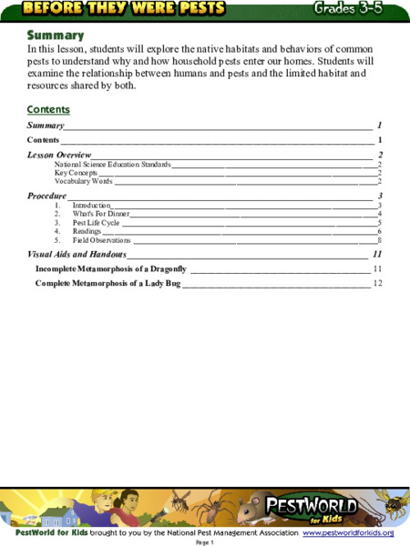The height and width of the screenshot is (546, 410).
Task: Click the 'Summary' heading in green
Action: pyautogui.click(x=56, y=35)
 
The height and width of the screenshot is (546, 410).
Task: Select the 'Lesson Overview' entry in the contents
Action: pyautogui.click(x=59, y=156)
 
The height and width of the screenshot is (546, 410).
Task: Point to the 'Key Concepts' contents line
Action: pyautogui.click(x=76, y=173)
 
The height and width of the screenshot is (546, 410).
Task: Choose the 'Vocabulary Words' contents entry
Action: pyautogui.click(x=83, y=181)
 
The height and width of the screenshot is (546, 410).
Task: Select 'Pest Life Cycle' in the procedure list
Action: pyautogui.click(x=96, y=223)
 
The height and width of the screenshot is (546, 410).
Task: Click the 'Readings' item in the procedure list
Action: pyautogui.click(x=87, y=232)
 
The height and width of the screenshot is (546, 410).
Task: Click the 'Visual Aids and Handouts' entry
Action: pyautogui.click(x=77, y=255)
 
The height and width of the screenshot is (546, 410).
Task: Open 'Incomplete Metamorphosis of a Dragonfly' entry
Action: pyautogui.click(x=110, y=269)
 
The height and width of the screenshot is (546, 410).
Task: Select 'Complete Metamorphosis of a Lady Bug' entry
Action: pyautogui.click(x=108, y=284)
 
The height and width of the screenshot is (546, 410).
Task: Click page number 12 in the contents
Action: pyautogui.click(x=377, y=284)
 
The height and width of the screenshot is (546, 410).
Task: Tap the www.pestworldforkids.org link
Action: pyautogui.click(x=348, y=531)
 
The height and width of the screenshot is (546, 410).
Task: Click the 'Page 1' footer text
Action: pyautogui.click(x=204, y=542)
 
